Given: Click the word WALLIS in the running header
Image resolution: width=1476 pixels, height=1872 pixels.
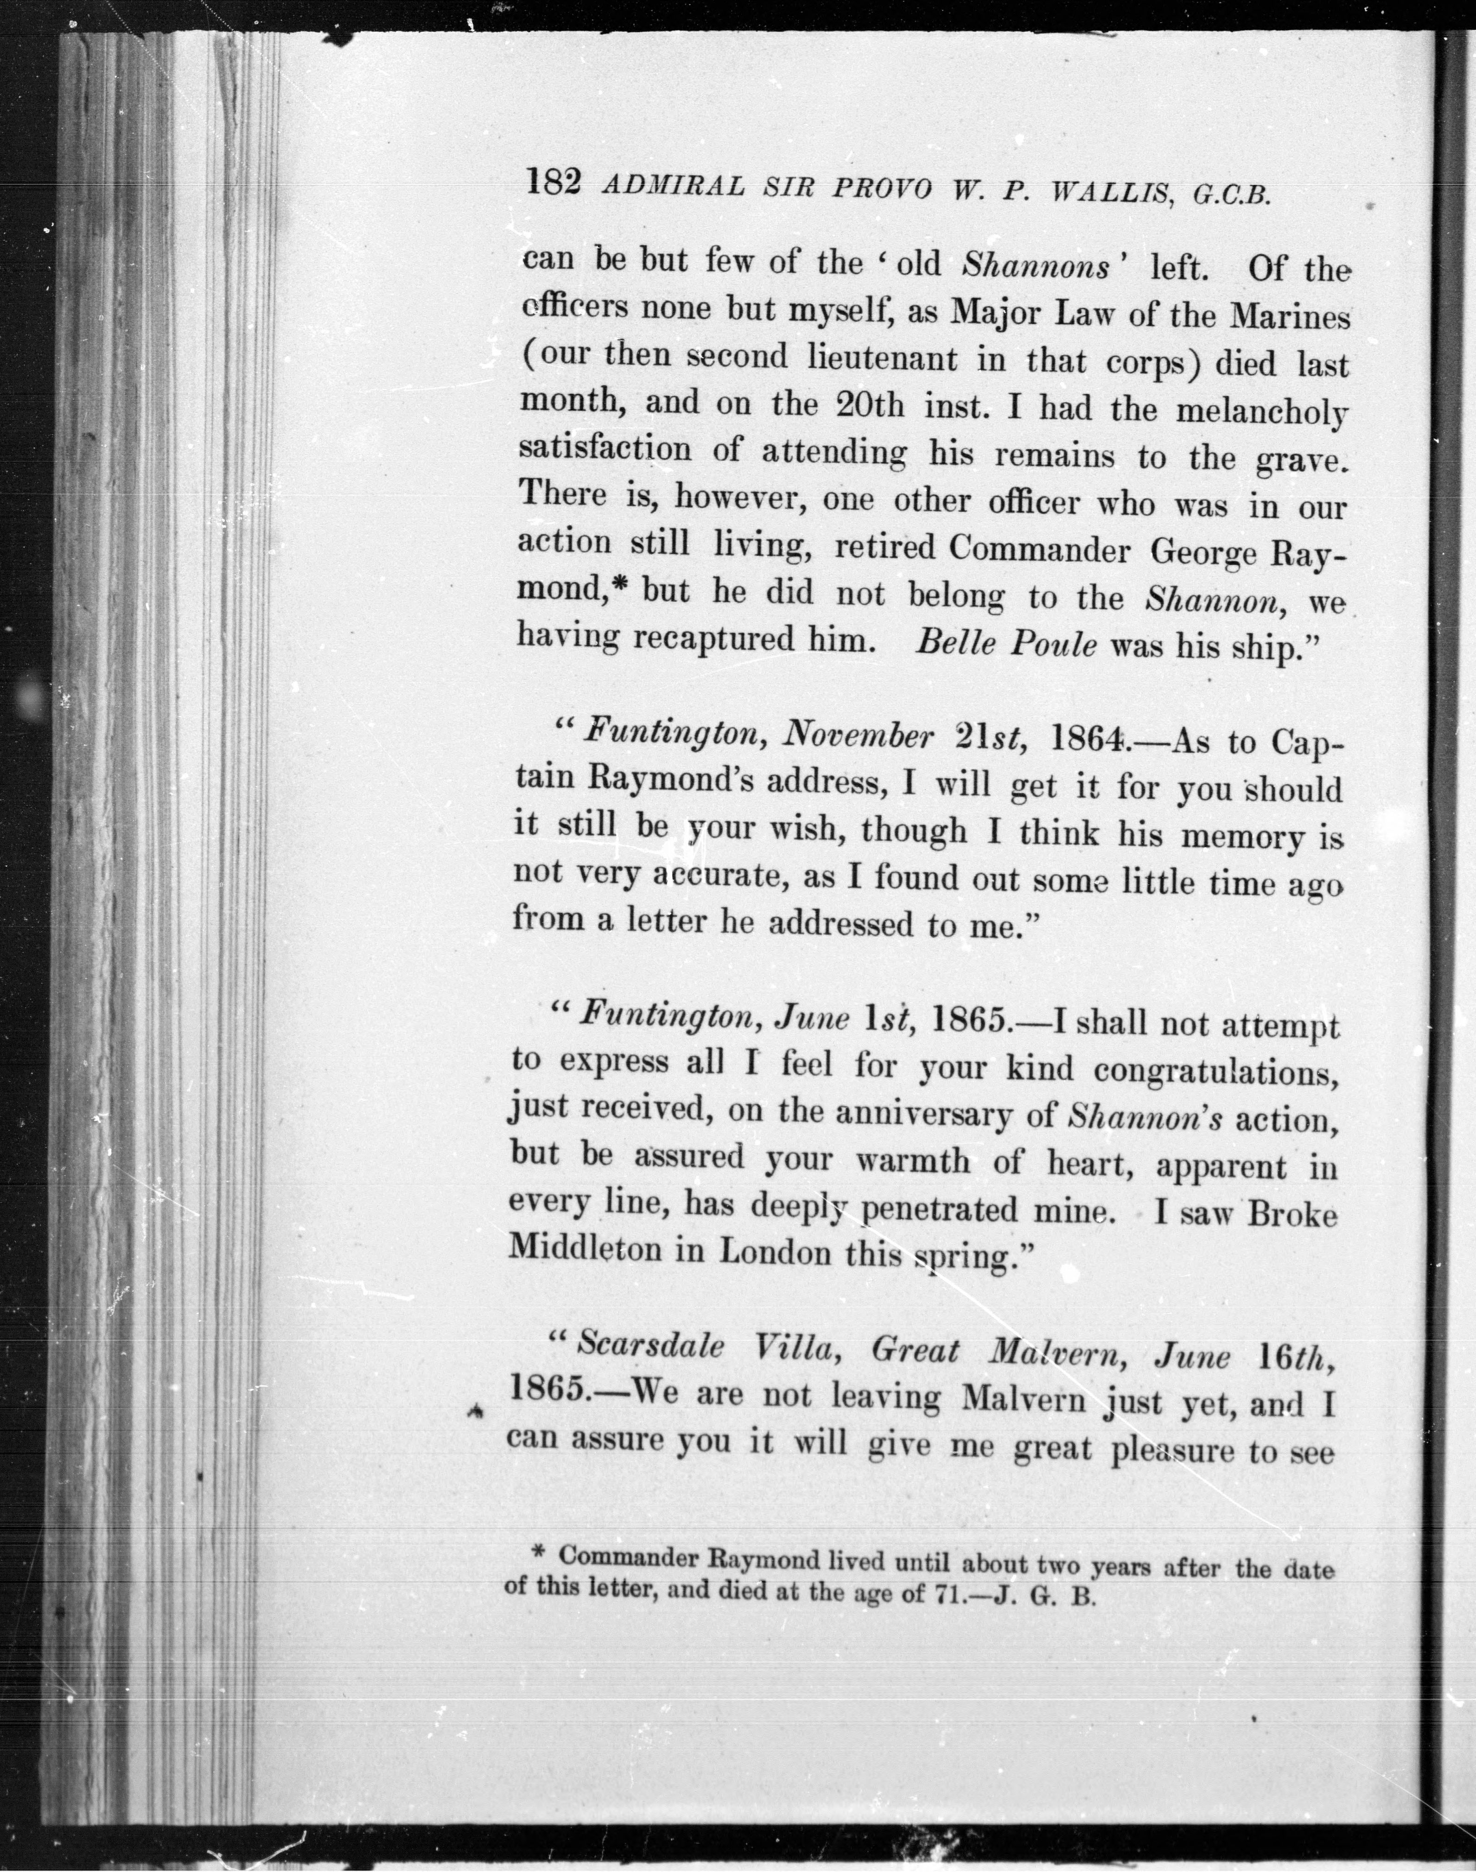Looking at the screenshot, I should pos(1109,192).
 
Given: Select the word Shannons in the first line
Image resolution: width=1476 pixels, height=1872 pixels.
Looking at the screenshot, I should pos(1035,265).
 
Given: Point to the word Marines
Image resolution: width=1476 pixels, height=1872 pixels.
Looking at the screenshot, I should pos(1289,317).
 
